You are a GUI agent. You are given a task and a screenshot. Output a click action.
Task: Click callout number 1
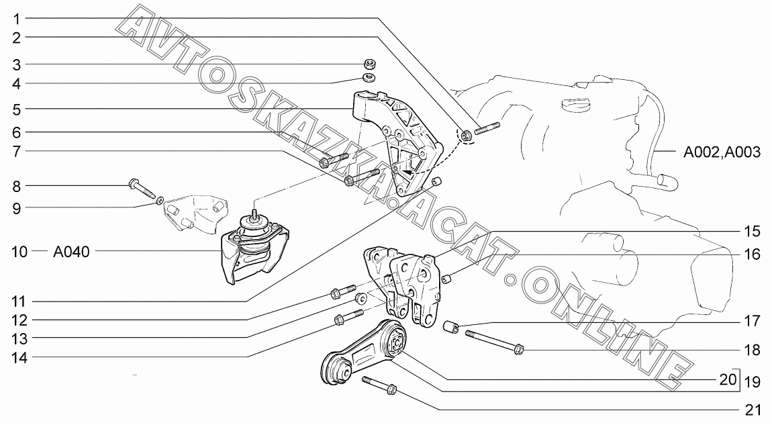(17, 19)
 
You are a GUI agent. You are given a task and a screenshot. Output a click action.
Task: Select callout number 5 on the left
(17, 109)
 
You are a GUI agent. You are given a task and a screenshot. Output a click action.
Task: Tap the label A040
(71, 252)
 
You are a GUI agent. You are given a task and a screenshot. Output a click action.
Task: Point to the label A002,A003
(722, 152)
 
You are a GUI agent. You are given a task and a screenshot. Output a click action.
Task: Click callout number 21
(753, 410)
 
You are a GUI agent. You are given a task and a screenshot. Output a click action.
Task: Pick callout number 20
(728, 380)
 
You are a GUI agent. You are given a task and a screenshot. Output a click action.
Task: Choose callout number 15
(753, 232)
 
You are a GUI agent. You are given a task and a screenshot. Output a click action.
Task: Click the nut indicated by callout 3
(371, 64)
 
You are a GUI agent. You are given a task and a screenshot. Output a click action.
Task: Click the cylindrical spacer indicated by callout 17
(451, 326)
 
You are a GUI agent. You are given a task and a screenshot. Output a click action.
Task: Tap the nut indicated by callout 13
(361, 298)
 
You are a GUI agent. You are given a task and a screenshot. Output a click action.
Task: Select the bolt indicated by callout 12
(342, 291)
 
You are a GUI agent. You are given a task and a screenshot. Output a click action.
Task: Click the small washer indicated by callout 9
(160, 200)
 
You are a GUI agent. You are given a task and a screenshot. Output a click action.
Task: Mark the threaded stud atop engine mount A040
(255, 216)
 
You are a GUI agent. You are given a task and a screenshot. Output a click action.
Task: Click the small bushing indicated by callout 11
(436, 182)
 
